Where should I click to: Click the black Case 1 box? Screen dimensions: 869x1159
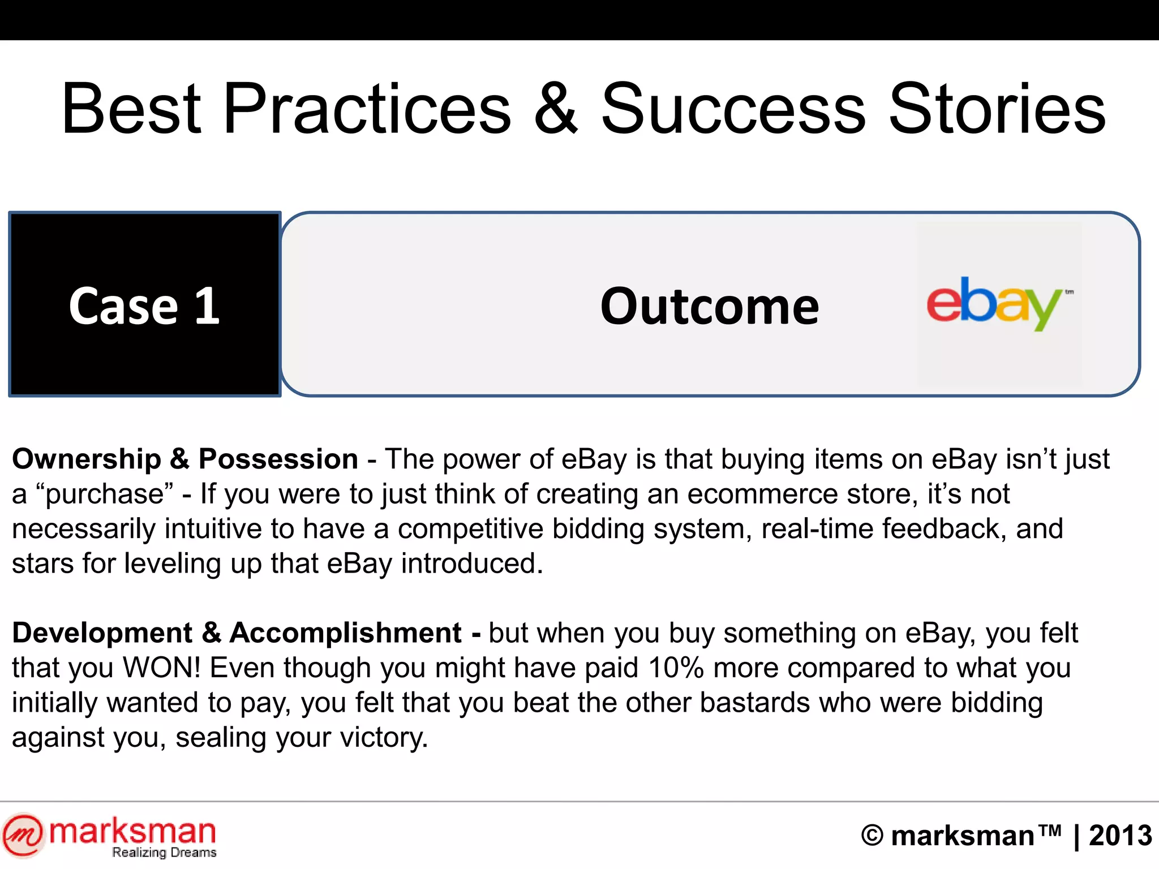145,304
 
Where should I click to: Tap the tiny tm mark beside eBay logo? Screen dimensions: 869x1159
1069,292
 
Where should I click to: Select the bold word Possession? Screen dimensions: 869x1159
278,459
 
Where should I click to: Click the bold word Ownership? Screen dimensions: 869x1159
87,459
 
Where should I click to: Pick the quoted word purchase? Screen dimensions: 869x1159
105,494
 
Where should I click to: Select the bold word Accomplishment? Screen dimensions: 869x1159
345,633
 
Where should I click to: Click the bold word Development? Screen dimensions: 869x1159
102,633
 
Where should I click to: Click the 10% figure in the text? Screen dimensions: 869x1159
676,668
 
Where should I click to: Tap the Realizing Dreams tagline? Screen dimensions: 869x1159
164,853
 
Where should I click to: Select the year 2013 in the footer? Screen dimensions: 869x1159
1120,836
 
